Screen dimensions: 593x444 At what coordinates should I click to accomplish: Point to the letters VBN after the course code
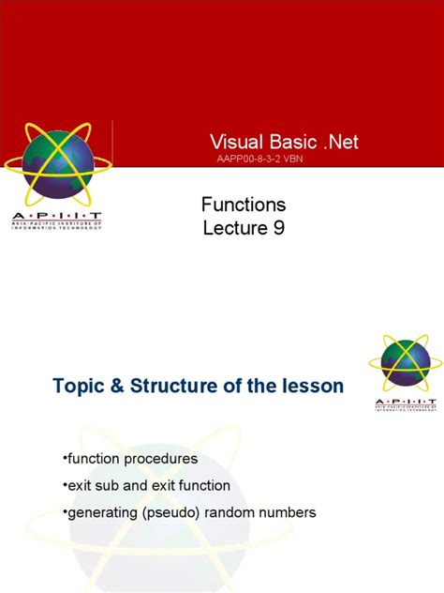(x=290, y=160)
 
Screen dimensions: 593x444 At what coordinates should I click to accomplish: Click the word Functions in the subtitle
(x=244, y=204)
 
